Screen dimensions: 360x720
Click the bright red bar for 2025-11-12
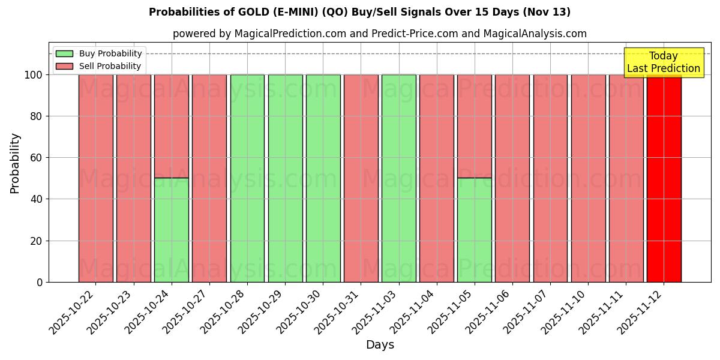(664, 180)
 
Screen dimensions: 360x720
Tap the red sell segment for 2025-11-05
(474, 126)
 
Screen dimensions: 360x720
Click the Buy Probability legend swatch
(64, 54)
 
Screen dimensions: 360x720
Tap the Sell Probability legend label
(110, 67)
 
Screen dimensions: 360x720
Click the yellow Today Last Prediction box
(663, 62)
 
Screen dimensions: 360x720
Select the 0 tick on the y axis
(40, 282)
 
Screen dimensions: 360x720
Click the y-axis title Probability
(15, 163)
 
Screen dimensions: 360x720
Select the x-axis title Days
(380, 345)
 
